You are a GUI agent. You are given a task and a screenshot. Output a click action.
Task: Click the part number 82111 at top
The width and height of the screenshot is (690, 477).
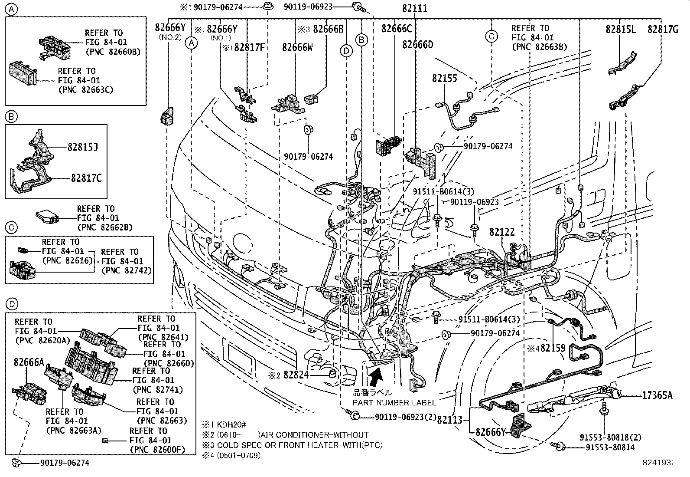click(x=414, y=8)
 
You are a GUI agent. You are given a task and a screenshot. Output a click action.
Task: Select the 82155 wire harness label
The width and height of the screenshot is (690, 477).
click(x=444, y=78)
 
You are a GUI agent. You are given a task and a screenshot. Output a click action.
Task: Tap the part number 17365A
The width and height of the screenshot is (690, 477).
click(x=657, y=395)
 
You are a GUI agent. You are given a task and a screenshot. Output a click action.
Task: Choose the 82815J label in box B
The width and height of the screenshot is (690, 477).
click(x=82, y=147)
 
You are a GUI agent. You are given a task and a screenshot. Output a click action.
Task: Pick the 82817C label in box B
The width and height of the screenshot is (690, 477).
click(x=86, y=178)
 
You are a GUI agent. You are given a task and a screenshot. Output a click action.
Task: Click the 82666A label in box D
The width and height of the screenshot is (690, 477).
click(x=29, y=362)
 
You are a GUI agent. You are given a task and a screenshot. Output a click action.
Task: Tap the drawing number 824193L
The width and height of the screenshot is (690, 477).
click(x=659, y=463)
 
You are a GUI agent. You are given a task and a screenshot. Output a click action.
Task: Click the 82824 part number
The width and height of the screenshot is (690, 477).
click(x=296, y=374)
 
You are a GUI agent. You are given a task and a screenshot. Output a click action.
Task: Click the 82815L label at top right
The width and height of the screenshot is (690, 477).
click(x=621, y=29)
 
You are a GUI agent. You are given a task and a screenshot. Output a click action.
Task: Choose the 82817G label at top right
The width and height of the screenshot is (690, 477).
click(x=663, y=29)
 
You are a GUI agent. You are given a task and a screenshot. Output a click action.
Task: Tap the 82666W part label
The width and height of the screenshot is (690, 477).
click(x=297, y=47)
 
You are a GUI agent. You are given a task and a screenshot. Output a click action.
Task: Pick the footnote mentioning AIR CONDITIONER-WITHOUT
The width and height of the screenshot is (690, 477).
click(x=286, y=435)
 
